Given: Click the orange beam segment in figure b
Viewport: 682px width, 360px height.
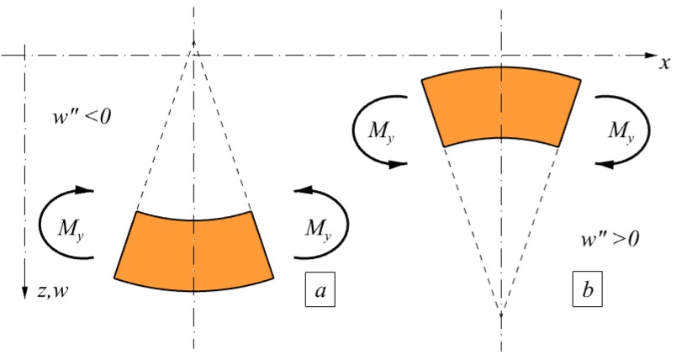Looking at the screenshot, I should coord(501,107).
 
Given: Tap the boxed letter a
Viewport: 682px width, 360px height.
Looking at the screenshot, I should coord(320,291).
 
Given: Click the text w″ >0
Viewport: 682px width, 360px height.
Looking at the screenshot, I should coord(611,239).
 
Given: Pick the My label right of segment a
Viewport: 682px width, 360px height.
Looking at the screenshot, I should coord(317,226).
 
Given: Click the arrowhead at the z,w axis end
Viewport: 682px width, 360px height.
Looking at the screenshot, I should coord(26,290).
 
